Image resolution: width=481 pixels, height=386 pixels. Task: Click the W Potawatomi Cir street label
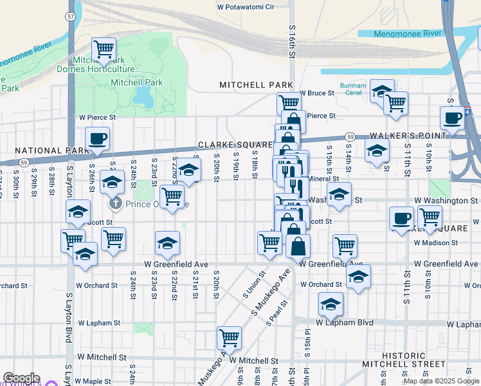click(x=246, y=6)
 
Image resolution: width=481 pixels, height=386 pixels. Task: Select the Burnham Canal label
click(x=353, y=89)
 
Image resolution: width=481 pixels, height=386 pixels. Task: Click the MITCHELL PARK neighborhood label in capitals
click(x=256, y=85)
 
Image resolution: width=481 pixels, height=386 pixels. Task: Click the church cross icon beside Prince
click(x=116, y=204)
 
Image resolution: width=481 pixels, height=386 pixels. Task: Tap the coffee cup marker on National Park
click(x=98, y=139)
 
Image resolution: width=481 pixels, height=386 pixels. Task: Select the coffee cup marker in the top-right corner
click(x=453, y=118)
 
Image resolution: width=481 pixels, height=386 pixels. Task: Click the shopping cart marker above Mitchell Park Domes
click(x=103, y=48)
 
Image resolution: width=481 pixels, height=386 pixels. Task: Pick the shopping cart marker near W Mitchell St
click(x=229, y=336)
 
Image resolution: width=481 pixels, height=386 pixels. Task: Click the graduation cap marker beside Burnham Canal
click(x=382, y=91)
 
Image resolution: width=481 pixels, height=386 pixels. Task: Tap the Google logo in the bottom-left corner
click(x=21, y=379)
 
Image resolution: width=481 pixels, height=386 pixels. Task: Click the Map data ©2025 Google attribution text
click(x=441, y=381)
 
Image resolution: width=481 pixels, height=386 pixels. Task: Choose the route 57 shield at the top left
click(x=69, y=15)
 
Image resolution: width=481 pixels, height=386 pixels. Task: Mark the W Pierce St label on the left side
click(x=97, y=118)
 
